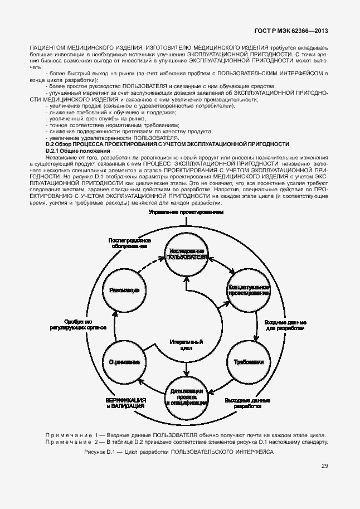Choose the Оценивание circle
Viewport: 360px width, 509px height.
[x=124, y=361]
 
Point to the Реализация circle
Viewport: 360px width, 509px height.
[x=124, y=290]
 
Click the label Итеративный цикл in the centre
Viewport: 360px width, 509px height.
[x=187, y=345]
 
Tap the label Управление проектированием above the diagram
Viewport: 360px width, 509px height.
[x=187, y=212]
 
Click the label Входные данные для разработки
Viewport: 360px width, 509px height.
[x=284, y=326]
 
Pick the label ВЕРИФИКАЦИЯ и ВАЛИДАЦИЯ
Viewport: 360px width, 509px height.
[x=126, y=404]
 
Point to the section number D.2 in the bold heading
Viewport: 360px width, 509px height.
[x=49, y=144]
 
